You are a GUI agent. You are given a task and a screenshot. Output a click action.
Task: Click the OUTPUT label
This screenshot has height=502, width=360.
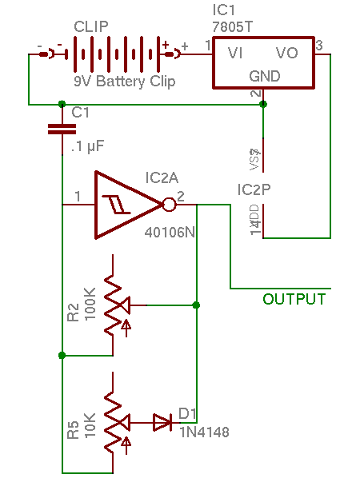pos(294,300)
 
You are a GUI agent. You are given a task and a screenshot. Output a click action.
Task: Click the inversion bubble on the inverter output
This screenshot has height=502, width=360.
pos(169,205)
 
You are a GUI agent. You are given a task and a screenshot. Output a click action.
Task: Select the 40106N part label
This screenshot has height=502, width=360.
pos(169,234)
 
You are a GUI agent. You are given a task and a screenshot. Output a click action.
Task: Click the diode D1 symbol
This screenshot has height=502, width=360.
pos(162,422)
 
